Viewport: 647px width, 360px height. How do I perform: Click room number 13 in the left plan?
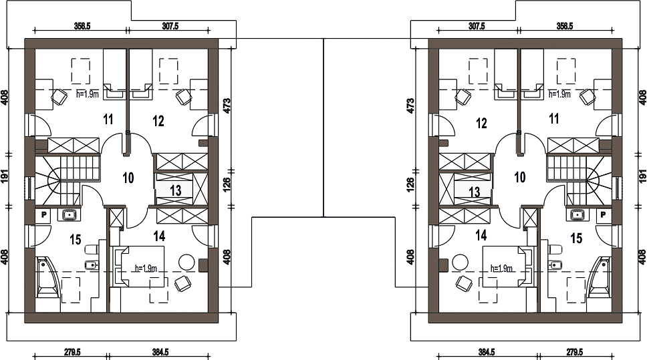coord(175,190)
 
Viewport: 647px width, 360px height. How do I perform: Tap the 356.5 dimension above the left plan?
coord(82,27)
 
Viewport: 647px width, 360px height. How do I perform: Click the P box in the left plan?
coord(43,215)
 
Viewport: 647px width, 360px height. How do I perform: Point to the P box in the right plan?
coord(604,215)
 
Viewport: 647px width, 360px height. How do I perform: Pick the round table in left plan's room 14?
coord(186,262)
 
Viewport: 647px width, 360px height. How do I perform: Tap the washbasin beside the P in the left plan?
coord(69,215)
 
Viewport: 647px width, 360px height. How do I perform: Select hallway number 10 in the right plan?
coord(520,177)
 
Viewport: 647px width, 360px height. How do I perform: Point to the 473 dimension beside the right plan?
coord(411,106)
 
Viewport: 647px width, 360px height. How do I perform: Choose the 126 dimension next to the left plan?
coord(227,185)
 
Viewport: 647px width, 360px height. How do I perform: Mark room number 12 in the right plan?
coord(481,123)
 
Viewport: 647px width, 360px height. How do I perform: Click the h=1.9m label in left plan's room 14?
coord(146,268)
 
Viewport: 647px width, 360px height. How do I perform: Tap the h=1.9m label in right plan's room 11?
coord(560,94)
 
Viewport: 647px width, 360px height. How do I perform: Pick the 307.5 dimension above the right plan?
coord(477,27)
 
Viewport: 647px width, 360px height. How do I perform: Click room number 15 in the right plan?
coord(576,238)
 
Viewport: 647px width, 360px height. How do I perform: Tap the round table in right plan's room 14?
coord(460,262)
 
